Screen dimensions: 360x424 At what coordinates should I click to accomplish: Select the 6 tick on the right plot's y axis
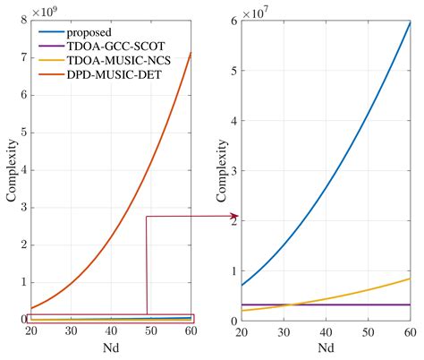tap(233, 20)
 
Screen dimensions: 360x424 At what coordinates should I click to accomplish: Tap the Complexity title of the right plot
tap(221, 170)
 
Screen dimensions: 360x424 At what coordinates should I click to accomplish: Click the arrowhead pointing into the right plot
tap(235, 216)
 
